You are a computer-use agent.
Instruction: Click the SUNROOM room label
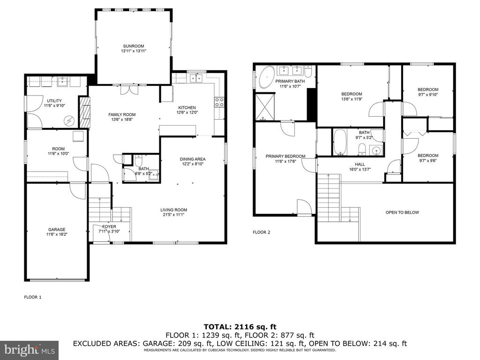click(134, 46)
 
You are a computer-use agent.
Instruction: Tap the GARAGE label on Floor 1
click(57, 230)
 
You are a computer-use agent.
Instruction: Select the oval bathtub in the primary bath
click(267, 77)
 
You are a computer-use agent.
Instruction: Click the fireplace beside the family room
click(85, 112)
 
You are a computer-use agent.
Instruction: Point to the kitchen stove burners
click(219, 102)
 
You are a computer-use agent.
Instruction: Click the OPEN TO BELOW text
click(402, 212)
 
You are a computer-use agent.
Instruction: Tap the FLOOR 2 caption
click(262, 232)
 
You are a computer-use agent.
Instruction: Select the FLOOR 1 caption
click(33, 297)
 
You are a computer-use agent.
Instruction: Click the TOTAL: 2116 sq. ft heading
click(240, 327)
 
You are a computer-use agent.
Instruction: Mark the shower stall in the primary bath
click(265, 107)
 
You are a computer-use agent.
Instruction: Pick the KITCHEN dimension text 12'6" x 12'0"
click(187, 112)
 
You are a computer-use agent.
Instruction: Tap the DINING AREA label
click(193, 159)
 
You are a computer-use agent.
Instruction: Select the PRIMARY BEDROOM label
click(285, 157)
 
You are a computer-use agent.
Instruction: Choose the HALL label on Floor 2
click(360, 165)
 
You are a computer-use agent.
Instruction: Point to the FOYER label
click(109, 227)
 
